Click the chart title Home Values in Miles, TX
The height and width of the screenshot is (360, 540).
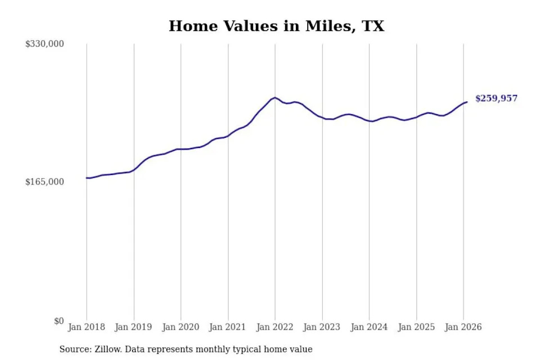pos(276,26)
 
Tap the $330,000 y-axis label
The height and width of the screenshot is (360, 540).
pos(44,44)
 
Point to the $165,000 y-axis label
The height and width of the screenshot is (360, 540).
pos(44,182)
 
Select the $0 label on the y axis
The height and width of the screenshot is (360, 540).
pos(59,321)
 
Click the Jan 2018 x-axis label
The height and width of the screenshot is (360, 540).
pos(87,327)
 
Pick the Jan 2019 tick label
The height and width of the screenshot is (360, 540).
pos(133,327)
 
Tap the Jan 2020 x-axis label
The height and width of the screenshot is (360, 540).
pos(181,327)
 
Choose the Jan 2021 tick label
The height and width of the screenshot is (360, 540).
pos(227,327)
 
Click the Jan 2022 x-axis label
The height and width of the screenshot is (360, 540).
pos(274,327)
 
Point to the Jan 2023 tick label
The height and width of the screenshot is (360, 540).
pos(322,327)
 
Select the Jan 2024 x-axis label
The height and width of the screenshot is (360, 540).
pos(369,327)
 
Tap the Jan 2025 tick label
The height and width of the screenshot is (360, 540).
pos(416,327)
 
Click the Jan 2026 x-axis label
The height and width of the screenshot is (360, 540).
pos(463,327)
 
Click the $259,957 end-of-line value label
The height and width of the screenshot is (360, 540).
pos(496,98)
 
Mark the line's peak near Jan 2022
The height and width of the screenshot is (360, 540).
pos(274,97)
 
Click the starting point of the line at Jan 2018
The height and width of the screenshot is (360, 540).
pos(87,178)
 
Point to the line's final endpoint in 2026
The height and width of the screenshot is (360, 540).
pos(467,102)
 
